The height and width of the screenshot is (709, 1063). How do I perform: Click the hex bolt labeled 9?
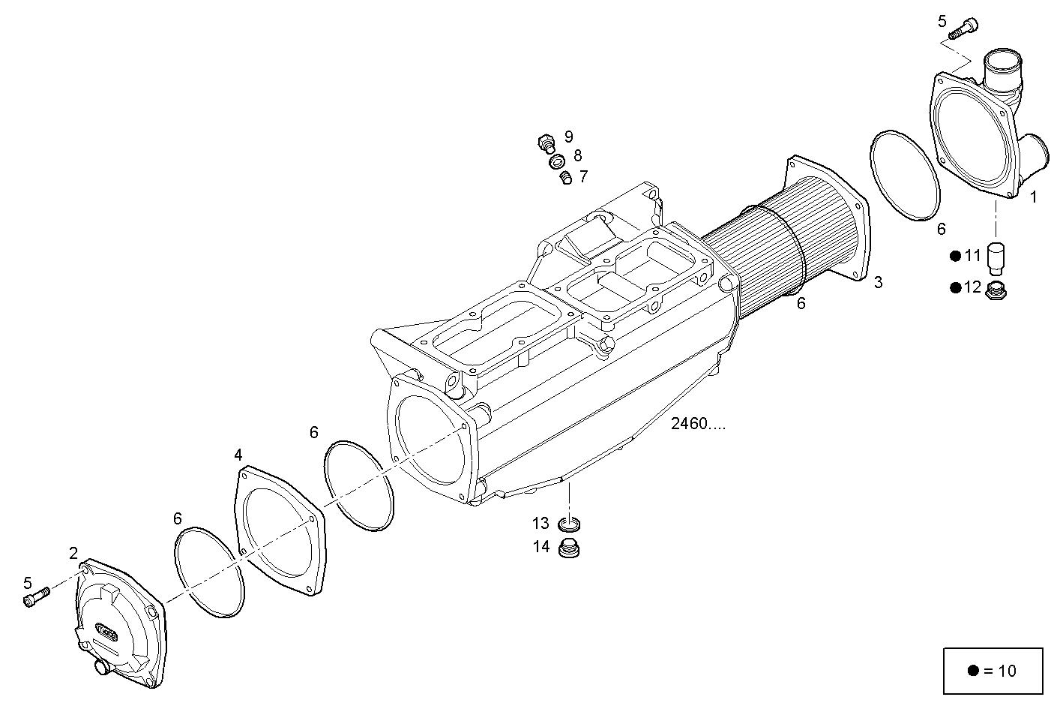(545, 141)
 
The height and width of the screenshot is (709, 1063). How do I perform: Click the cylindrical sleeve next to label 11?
(996, 257)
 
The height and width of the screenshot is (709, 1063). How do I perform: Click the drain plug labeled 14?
(572, 548)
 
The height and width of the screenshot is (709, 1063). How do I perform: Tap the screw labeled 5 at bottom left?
(35, 596)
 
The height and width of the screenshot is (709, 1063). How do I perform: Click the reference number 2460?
(698, 425)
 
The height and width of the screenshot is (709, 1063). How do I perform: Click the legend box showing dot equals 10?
(993, 670)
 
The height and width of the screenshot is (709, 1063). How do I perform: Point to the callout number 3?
(878, 283)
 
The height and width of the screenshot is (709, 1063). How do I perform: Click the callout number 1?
(1033, 197)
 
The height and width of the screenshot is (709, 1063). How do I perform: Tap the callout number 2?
(73, 553)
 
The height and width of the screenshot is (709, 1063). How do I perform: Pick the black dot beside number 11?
(955, 256)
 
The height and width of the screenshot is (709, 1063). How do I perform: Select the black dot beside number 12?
(955, 287)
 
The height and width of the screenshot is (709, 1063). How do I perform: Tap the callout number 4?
(238, 455)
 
